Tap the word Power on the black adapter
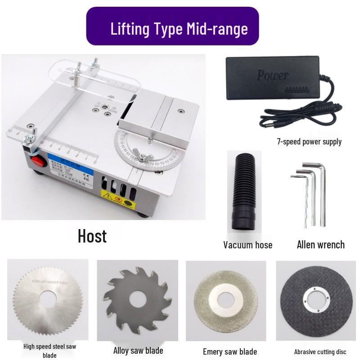272,75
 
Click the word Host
92,236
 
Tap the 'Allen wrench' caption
320,245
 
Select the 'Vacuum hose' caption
247,245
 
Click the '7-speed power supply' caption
309,142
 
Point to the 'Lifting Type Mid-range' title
179,29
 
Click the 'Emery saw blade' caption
229,351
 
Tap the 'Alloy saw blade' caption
138,351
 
